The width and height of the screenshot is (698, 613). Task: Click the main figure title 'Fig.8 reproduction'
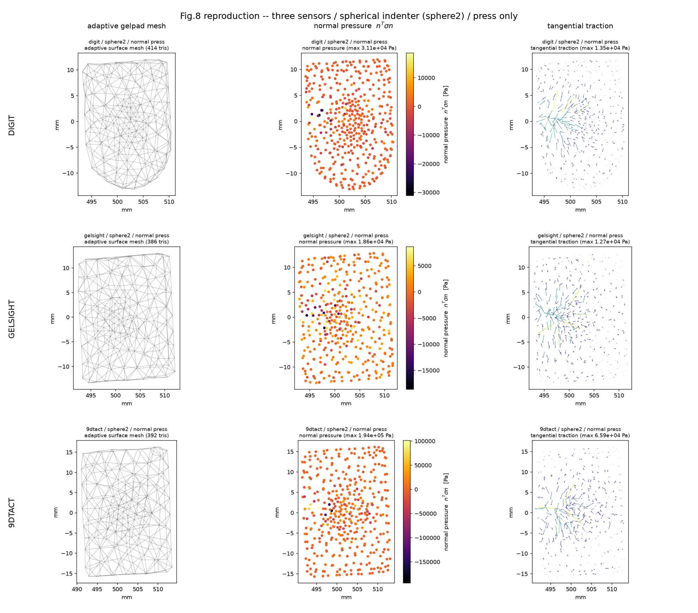(x=220, y=16)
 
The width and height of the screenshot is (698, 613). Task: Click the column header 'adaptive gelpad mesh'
(x=127, y=26)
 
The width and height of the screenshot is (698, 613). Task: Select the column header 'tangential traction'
(x=580, y=26)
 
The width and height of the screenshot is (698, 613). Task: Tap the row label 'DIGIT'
(x=12, y=125)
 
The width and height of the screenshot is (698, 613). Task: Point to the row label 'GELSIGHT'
(x=12, y=319)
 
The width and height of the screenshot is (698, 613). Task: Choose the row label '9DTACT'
(x=12, y=513)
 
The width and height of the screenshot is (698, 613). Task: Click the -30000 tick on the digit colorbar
(x=428, y=193)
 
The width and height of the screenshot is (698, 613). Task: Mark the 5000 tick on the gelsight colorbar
(x=424, y=266)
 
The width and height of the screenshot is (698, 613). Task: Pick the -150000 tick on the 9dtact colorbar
(x=427, y=562)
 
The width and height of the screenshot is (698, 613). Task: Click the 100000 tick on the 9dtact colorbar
(x=425, y=441)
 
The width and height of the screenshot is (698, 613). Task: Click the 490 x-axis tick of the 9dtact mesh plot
(x=77, y=589)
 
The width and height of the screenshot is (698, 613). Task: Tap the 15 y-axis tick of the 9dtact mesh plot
(x=69, y=452)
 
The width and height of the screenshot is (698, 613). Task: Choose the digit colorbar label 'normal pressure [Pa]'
(x=446, y=124)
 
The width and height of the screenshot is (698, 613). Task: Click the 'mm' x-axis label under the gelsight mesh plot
(x=127, y=403)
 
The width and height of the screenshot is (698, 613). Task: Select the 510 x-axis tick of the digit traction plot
(x=623, y=202)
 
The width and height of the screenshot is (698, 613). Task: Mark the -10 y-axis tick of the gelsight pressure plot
(x=285, y=367)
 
